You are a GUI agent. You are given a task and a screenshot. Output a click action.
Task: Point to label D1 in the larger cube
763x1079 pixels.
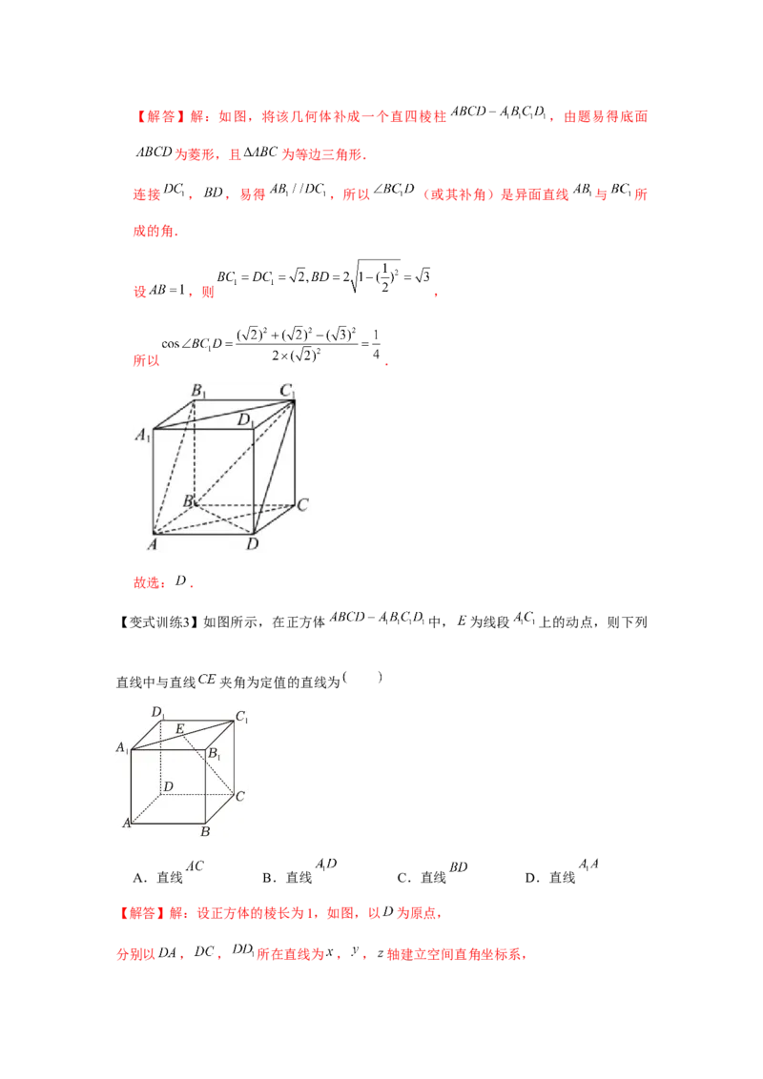coord(245,418)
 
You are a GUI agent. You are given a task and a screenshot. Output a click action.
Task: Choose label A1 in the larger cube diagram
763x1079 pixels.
coord(142,437)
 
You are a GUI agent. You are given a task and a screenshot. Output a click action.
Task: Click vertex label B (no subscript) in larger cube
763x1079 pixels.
coord(188,500)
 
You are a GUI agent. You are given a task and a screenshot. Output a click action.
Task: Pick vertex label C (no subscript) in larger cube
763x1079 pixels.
coord(301,504)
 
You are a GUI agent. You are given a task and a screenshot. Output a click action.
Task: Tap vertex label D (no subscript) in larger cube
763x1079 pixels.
coord(252,544)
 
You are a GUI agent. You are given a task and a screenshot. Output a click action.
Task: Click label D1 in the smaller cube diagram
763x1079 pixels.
coord(158,711)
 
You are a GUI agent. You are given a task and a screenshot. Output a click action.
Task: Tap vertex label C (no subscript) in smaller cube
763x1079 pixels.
coord(241,795)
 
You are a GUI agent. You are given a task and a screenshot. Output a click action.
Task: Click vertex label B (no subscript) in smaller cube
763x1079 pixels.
coord(205,831)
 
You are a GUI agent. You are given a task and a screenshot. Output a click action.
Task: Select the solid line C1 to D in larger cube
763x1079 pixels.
coord(272,466)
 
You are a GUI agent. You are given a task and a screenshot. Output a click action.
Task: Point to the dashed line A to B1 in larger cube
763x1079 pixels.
coord(175,468)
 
